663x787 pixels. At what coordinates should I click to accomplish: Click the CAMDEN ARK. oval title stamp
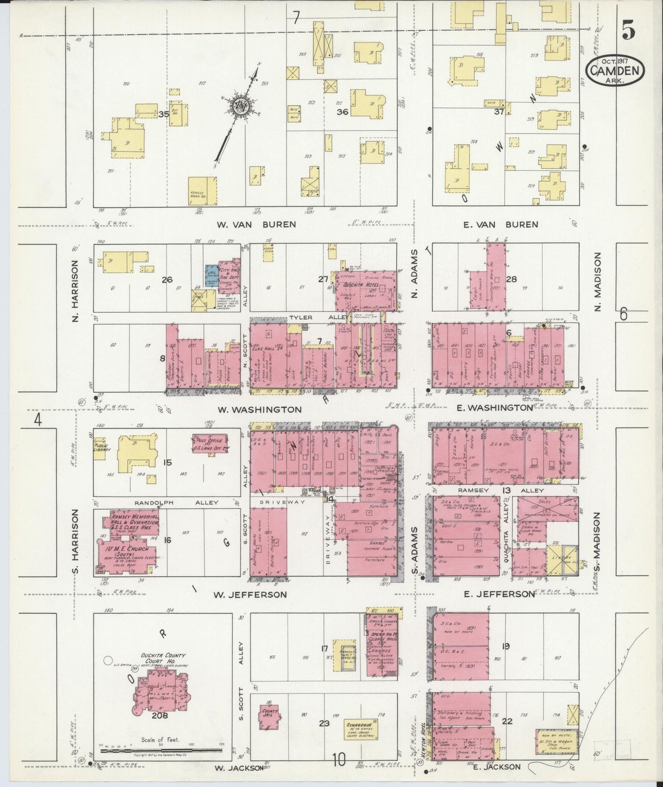[x=615, y=71]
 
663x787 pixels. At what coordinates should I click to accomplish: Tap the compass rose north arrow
[x=240, y=106]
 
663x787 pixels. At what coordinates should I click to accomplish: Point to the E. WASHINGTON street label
[x=495, y=407]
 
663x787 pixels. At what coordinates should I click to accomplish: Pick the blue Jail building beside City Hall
[x=212, y=276]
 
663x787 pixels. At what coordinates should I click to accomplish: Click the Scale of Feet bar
[x=161, y=750]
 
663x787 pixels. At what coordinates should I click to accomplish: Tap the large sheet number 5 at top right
[x=629, y=31]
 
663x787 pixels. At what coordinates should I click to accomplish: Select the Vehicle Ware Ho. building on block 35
[x=203, y=191]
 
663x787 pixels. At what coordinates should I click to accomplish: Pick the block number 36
[x=342, y=112]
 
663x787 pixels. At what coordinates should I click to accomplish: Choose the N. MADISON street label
[x=597, y=281]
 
